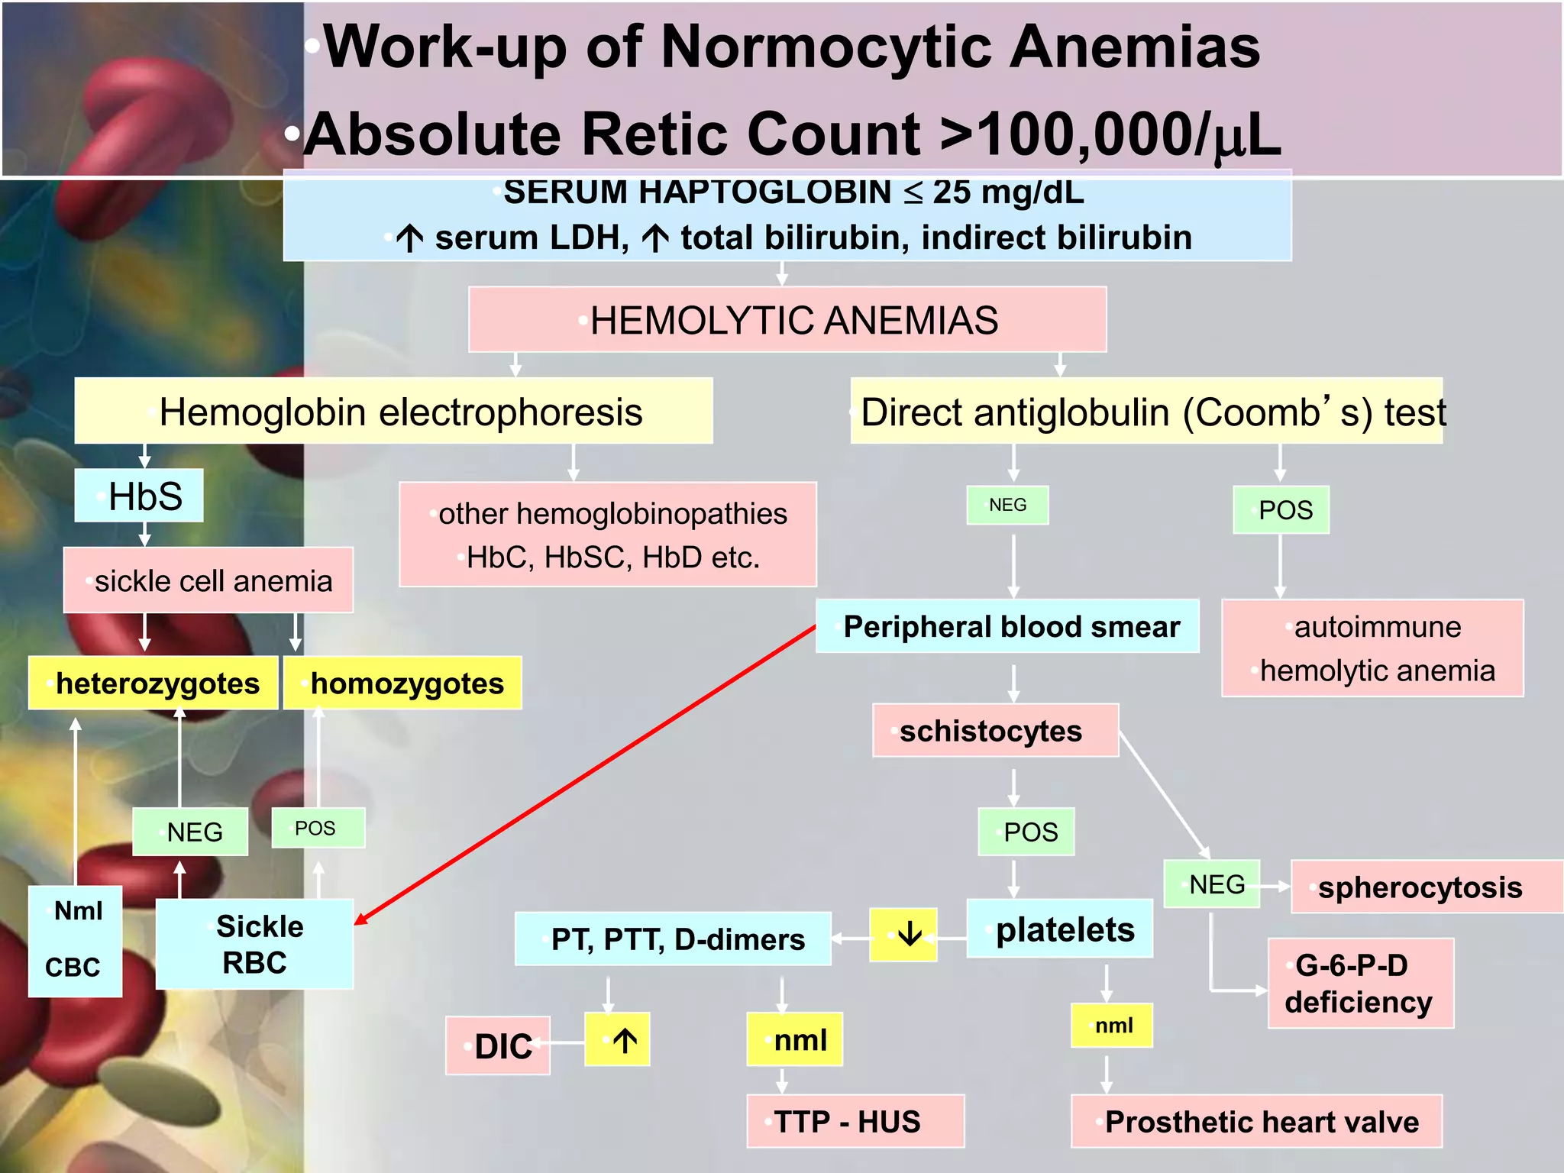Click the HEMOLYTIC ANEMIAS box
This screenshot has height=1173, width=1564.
[x=787, y=320]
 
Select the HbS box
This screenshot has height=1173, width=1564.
[x=139, y=496]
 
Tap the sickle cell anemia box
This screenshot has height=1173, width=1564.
[x=208, y=580]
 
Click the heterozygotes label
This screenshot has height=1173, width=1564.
[x=153, y=683]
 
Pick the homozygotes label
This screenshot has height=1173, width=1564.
[x=403, y=683]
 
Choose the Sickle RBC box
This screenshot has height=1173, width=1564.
[x=254, y=945]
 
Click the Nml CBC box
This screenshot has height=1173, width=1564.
[x=75, y=941]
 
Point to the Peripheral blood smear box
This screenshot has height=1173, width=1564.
[x=1007, y=627]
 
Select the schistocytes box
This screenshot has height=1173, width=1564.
[x=995, y=731]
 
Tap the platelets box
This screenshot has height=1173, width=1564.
[x=1060, y=929]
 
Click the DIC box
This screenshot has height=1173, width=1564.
[x=498, y=1045]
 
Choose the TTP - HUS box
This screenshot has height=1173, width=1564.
[x=855, y=1121]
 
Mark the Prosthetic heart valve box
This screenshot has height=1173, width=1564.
[x=1256, y=1121]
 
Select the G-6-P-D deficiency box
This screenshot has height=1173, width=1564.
[x=1360, y=984]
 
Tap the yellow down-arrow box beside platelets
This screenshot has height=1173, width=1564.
[x=903, y=934]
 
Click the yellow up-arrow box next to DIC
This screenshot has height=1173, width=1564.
[x=617, y=1039]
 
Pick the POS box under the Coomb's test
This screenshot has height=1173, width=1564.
[x=1281, y=510]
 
